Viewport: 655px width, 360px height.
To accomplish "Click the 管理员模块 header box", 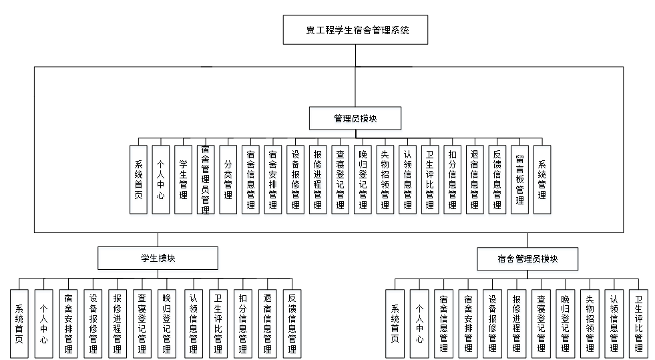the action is (356, 120).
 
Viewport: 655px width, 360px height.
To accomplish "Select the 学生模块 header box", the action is (159, 260).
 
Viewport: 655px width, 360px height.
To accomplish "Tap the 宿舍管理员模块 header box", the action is (527, 260).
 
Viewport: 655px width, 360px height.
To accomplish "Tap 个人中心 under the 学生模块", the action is (44, 325).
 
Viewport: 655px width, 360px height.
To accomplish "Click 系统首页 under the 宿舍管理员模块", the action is (395, 325).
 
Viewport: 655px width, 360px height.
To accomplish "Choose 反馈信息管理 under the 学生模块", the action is (292, 325).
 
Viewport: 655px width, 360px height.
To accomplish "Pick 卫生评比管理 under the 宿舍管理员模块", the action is (639, 325).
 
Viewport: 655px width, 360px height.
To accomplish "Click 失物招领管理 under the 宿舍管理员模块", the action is (590, 325).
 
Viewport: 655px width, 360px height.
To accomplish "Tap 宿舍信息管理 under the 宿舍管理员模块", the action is (444, 325).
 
